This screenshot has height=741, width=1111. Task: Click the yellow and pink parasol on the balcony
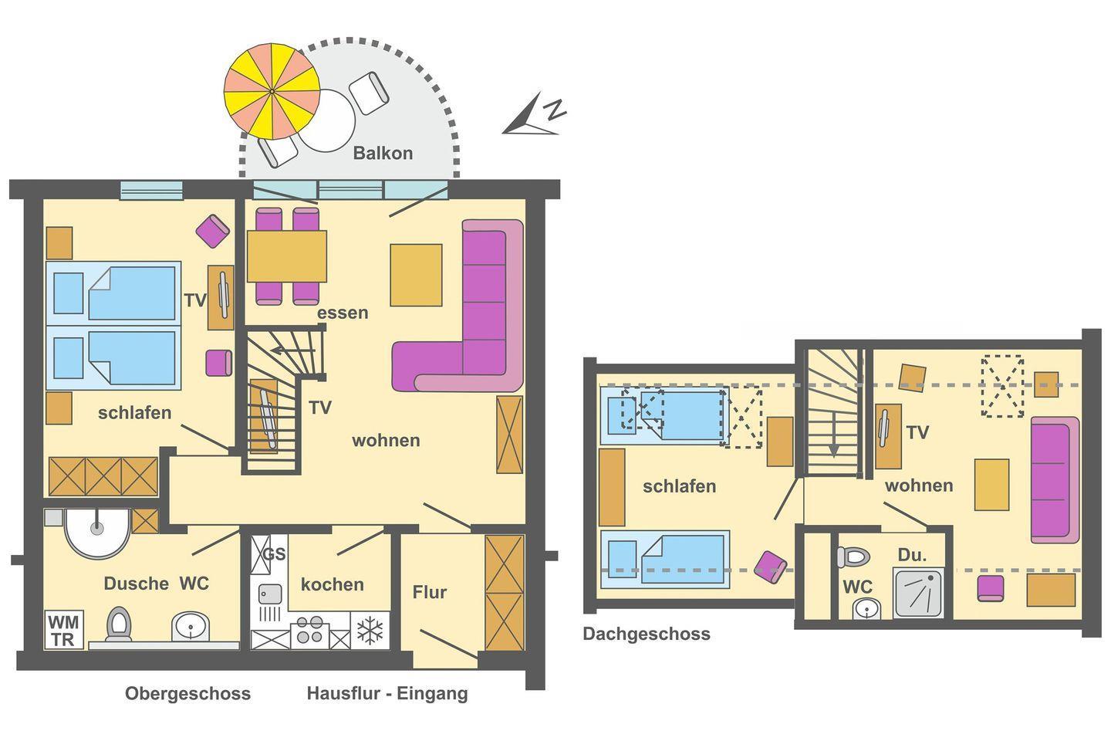pyautogui.click(x=272, y=91)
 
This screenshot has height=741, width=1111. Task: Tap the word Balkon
pyautogui.click(x=383, y=153)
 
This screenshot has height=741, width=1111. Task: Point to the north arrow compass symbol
pyautogui.click(x=533, y=116)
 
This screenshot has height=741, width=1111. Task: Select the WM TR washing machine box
pyautogui.click(x=64, y=630)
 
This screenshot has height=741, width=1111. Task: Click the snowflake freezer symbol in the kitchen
pyautogui.click(x=370, y=631)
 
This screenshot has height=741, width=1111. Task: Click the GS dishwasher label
pyautogui.click(x=274, y=554)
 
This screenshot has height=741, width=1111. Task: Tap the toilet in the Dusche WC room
pyautogui.click(x=119, y=624)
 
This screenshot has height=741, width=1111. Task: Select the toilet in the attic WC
pyautogui.click(x=853, y=557)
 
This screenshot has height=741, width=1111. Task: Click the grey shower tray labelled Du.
pyautogui.click(x=918, y=593)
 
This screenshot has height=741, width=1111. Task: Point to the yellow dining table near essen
pyautogui.click(x=287, y=256)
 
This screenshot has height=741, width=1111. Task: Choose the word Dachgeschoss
pyautogui.click(x=647, y=634)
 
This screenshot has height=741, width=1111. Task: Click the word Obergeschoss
pyautogui.click(x=187, y=693)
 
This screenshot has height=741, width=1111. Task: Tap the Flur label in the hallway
pyautogui.click(x=430, y=592)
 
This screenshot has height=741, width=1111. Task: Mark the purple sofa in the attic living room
pyautogui.click(x=1055, y=480)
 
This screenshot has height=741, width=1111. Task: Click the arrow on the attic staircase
pyautogui.click(x=834, y=435)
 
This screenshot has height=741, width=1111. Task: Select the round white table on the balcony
pyautogui.click(x=326, y=120)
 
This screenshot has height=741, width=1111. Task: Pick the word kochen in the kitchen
pyautogui.click(x=333, y=584)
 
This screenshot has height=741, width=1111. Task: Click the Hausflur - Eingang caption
pyautogui.click(x=387, y=694)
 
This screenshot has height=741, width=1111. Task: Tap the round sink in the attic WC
pyautogui.click(x=867, y=608)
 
